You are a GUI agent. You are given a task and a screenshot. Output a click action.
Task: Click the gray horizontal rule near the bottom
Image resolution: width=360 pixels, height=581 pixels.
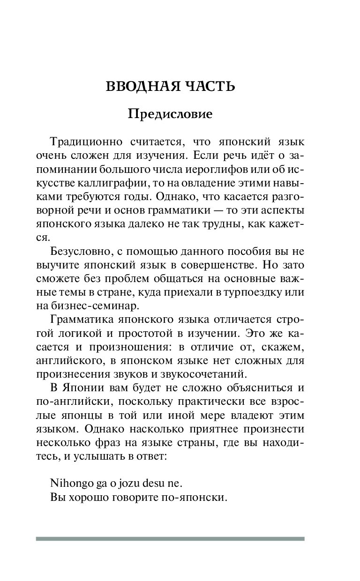[x=170, y=539]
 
